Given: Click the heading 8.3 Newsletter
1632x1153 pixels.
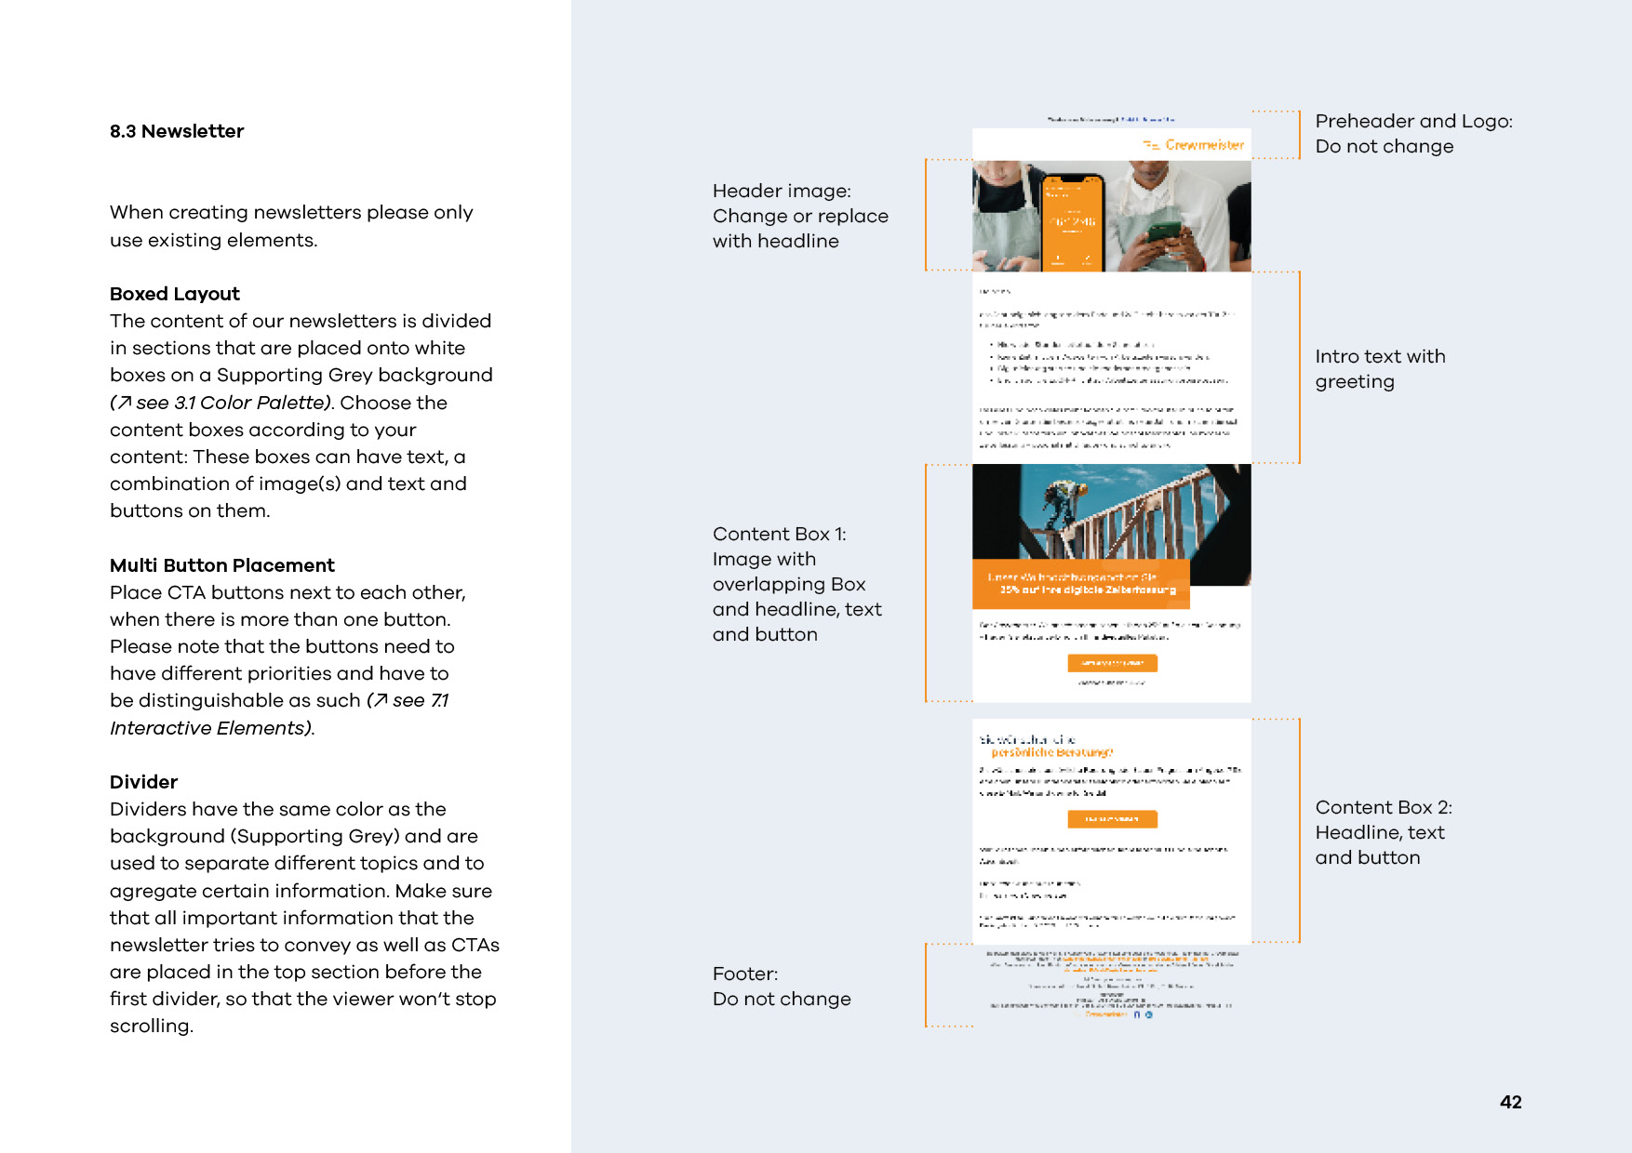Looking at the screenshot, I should [177, 131].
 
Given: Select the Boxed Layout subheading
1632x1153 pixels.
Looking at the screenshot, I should [175, 294].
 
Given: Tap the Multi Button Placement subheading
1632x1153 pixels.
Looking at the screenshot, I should [221, 565].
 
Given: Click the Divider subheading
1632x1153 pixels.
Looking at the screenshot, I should [143, 782].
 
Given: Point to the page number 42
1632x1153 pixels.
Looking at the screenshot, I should [1510, 1102].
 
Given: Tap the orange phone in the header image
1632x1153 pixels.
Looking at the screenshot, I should [1073, 222].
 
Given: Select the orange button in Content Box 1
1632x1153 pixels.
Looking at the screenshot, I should [1112, 663].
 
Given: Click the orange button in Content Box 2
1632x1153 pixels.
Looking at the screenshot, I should [1112, 819].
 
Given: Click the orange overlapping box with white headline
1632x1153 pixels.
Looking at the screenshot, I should [1081, 584].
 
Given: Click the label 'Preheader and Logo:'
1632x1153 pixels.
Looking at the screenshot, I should [1413, 121].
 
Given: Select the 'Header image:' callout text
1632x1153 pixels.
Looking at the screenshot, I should [782, 191].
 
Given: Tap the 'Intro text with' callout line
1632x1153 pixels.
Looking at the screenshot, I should [1380, 356].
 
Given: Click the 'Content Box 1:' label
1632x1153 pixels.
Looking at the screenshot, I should [779, 534].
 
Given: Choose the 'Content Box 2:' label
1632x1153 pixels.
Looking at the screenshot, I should [1383, 807].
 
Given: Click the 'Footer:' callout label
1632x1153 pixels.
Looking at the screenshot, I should [744, 974].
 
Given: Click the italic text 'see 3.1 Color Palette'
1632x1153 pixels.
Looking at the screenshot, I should [233, 403].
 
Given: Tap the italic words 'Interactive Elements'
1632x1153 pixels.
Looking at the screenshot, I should [209, 728].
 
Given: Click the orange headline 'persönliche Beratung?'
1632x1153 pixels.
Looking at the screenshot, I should [1051, 752].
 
